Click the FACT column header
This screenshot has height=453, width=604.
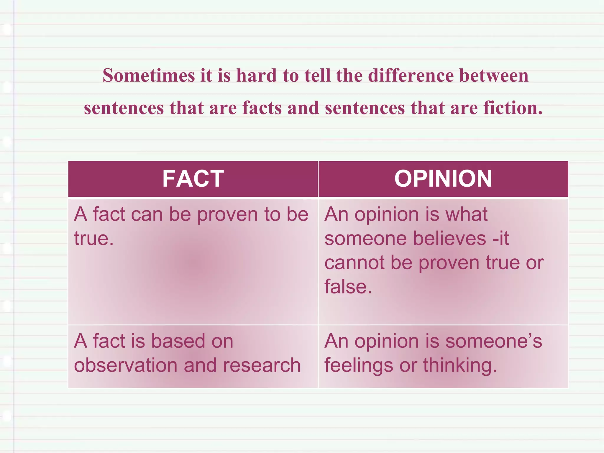pos(193,179)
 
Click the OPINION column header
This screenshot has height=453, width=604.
pos(443,179)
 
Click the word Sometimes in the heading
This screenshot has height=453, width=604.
pos(149,75)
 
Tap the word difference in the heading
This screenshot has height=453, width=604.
pos(410,75)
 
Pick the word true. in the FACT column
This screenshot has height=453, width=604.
pos(93,238)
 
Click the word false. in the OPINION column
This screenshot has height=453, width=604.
pos(348,287)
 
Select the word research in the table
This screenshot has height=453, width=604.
pos(262,365)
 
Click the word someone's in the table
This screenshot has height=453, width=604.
pos(493,341)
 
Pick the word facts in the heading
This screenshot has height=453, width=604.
pos(262,108)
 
